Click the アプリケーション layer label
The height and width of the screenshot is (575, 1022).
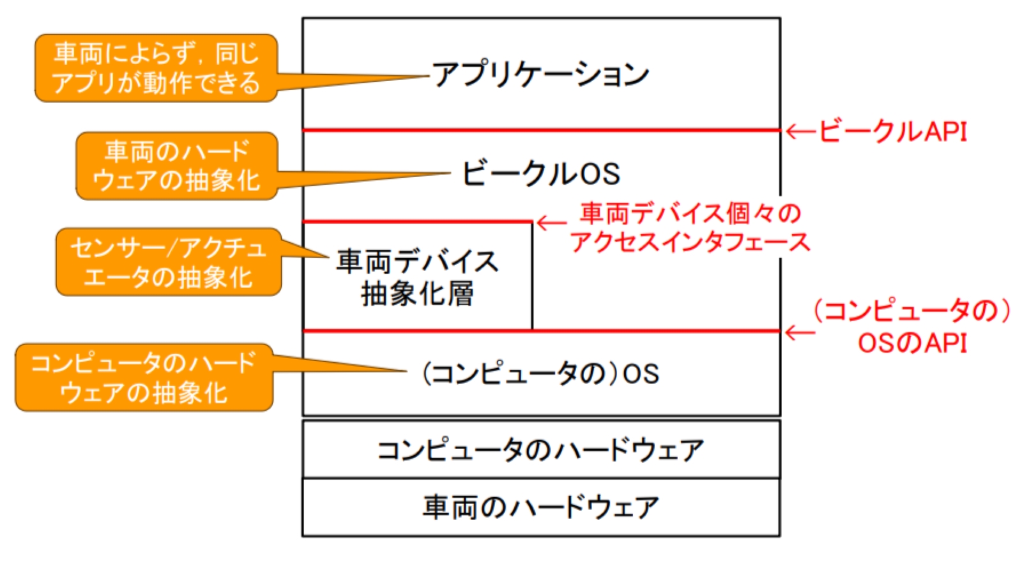point(540,75)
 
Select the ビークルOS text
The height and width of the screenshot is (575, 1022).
point(540,173)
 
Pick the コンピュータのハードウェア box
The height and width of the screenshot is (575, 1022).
point(540,450)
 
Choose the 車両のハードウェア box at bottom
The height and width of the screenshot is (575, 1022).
point(540,507)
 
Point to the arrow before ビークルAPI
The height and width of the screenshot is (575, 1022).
point(800,132)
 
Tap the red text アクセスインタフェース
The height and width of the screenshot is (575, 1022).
point(690,242)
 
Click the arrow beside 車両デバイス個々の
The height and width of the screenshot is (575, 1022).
point(551,223)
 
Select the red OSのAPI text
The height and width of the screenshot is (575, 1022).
point(912,343)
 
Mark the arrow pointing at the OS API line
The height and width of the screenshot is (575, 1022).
point(800,332)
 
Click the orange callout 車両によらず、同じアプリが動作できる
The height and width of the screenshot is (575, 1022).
point(156,68)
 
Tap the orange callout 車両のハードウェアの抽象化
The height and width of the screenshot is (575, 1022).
point(176,166)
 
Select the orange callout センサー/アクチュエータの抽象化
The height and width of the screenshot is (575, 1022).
point(169,263)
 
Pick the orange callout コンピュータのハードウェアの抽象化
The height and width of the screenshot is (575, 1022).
point(144,378)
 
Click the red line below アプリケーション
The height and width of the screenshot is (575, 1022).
point(540,130)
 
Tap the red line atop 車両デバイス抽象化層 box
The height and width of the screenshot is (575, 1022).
point(417,222)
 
